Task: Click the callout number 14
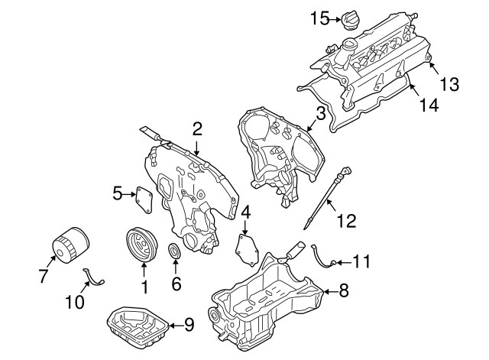(x=429, y=105)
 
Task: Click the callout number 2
(x=197, y=129)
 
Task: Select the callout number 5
(x=118, y=194)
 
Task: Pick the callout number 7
(x=42, y=274)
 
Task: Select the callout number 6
(x=175, y=284)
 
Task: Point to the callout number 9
(x=189, y=324)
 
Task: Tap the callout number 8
(x=343, y=290)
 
